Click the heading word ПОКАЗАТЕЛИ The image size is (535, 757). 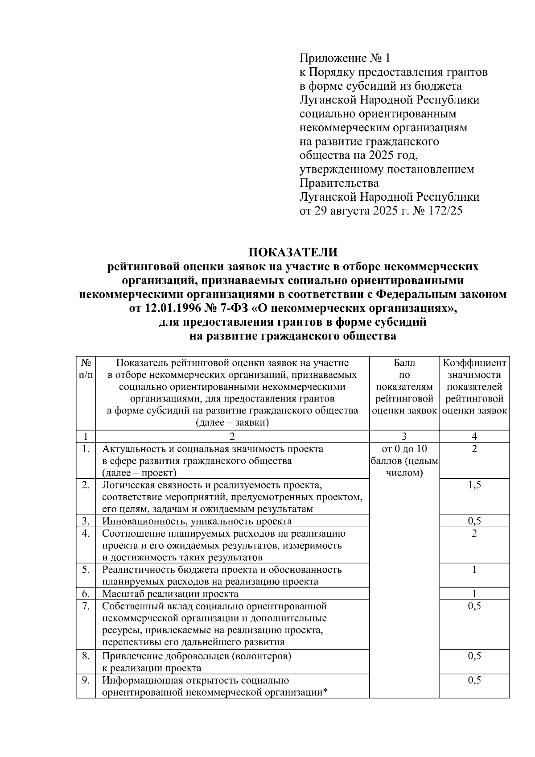[x=292, y=252]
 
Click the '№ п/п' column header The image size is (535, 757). [x=86, y=369]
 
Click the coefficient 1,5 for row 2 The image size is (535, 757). [x=474, y=485]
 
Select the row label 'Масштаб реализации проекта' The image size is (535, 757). [x=170, y=594]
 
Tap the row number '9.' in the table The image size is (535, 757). [x=86, y=680]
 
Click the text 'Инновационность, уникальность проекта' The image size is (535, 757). [x=197, y=521]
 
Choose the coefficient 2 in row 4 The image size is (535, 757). [x=474, y=534]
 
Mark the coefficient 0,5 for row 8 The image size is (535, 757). [x=474, y=656]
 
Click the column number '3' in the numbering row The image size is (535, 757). [x=404, y=436]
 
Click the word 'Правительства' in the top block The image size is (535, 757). [x=339, y=183]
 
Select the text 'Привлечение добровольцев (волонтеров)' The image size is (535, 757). [x=197, y=656]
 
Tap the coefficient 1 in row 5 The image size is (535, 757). [x=474, y=570]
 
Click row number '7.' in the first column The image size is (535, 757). [x=86, y=606]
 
